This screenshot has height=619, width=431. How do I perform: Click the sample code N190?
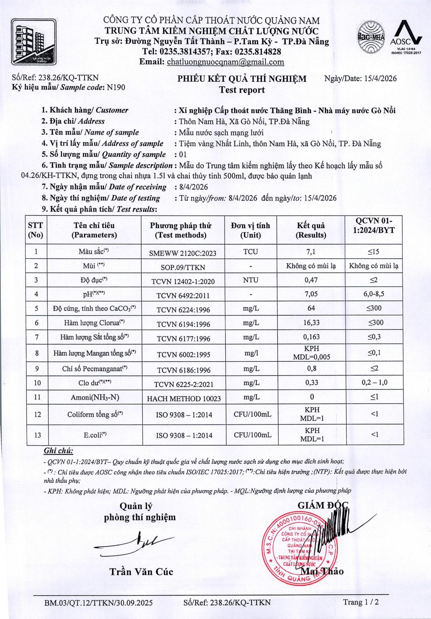click(116, 87)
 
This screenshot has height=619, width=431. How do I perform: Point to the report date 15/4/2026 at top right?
click(380, 78)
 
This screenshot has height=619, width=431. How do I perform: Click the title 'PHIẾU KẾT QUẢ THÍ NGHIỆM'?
click(242, 79)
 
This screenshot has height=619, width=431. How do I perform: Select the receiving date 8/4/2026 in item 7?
click(194, 187)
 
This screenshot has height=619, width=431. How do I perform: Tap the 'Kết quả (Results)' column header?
click(311, 230)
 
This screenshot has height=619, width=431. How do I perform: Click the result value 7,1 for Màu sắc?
click(311, 252)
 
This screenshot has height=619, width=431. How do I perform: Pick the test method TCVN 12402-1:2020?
click(183, 281)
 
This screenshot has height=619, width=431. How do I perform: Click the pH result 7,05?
click(311, 294)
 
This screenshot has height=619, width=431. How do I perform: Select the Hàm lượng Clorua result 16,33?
click(311, 323)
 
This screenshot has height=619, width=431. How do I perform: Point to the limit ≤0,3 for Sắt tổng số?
click(374, 337)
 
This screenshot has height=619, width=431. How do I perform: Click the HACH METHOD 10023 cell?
click(184, 399)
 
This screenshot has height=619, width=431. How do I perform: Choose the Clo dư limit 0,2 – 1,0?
click(374, 383)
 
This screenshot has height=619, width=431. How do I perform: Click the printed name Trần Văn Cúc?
click(141, 572)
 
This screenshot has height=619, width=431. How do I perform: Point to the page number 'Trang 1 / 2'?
click(360, 602)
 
